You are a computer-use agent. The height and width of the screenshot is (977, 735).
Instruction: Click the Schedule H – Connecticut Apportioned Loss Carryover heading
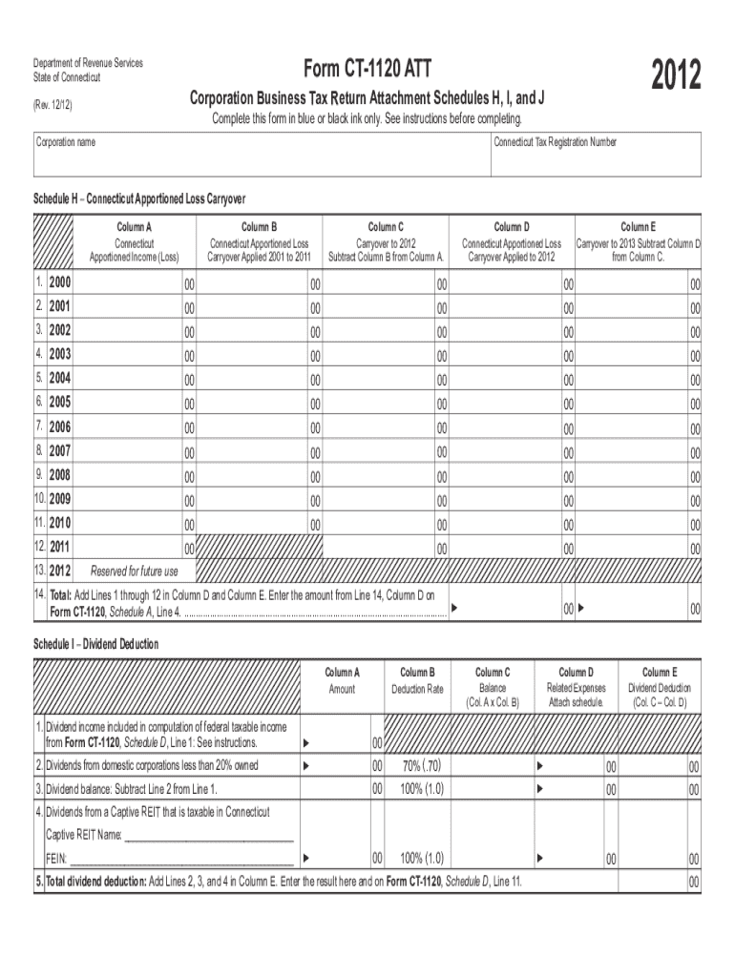click(x=140, y=199)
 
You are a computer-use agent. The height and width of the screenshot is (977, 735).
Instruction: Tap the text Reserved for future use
click(x=134, y=572)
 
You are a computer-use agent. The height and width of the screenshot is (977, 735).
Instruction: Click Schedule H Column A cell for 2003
click(x=134, y=355)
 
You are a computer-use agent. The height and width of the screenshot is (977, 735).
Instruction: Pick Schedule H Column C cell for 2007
click(x=386, y=450)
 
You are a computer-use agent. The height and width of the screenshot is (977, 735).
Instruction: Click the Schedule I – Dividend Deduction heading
click(x=96, y=644)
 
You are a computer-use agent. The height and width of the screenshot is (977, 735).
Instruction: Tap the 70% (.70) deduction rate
click(x=422, y=766)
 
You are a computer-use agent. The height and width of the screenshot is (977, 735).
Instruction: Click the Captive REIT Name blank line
click(x=209, y=836)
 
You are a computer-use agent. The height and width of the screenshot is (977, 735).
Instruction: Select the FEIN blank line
click(x=180, y=859)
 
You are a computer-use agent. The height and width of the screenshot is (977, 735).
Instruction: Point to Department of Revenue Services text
click(x=88, y=63)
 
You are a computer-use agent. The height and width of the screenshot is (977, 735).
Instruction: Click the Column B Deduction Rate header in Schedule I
click(x=417, y=681)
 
